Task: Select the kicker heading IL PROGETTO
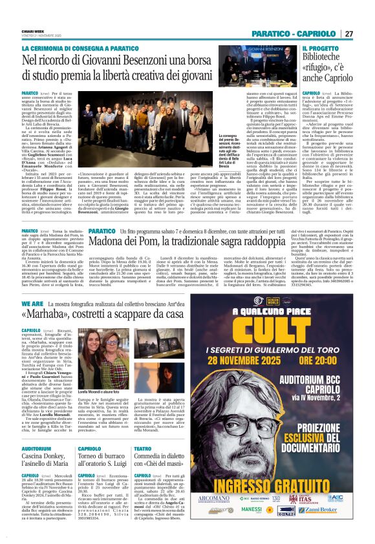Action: (317, 49)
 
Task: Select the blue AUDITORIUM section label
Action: (36, 430)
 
